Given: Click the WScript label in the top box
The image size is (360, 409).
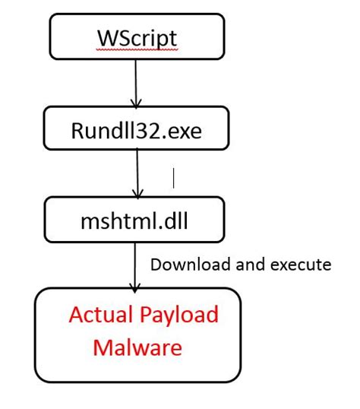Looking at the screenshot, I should pyautogui.click(x=137, y=36).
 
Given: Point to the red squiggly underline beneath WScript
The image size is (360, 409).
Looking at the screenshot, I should pyautogui.click(x=137, y=48).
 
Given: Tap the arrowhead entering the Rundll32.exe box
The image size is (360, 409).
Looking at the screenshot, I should pyautogui.click(x=136, y=103).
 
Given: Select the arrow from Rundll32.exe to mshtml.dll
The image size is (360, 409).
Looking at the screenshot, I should pyautogui.click(x=137, y=171).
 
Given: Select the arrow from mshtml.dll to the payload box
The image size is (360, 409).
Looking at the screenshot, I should pyautogui.click(x=136, y=262).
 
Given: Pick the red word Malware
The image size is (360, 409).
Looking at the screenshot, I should pyautogui.click(x=137, y=347).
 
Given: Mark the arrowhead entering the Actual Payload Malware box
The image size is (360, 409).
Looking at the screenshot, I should pyautogui.click(x=136, y=287).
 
